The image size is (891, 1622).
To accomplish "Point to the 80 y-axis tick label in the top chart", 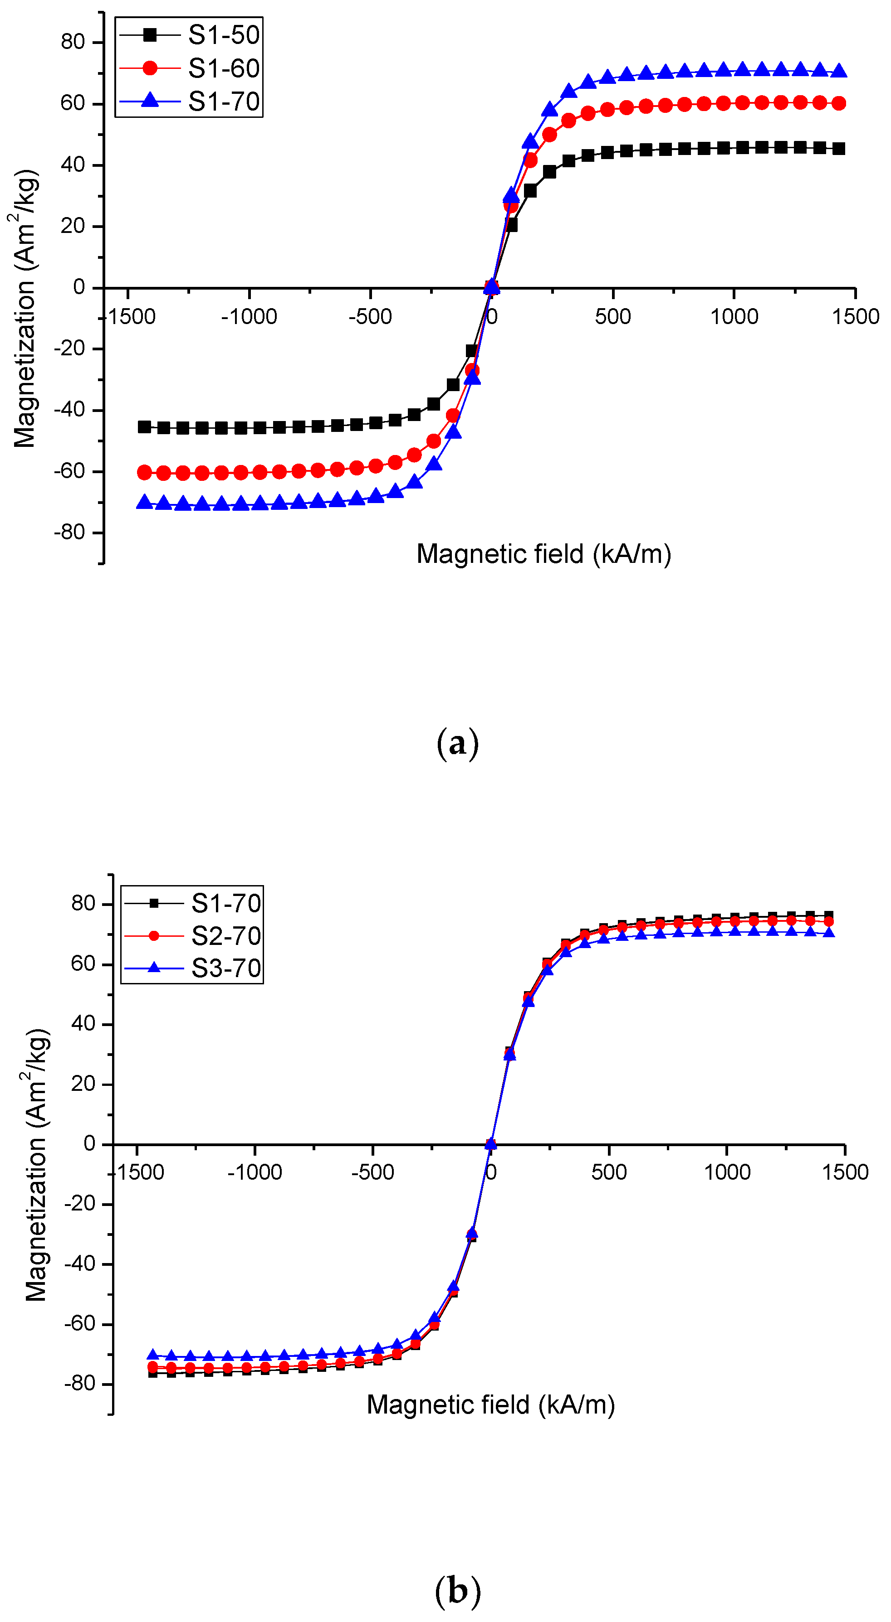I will pyautogui.click(x=73, y=42).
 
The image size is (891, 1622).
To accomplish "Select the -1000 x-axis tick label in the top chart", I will pyautogui.click(x=249, y=317).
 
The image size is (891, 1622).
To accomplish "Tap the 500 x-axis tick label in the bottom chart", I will pyautogui.click(x=609, y=1172).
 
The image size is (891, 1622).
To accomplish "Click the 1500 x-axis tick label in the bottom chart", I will pyautogui.click(x=844, y=1172).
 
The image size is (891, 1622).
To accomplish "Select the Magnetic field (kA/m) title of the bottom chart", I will pyautogui.click(x=490, y=1405).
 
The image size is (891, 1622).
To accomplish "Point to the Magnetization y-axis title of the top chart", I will pyautogui.click(x=25, y=309).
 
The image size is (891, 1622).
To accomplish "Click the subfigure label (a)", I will pyautogui.click(x=457, y=744).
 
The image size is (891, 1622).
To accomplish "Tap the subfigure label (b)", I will pyautogui.click(x=457, y=1592).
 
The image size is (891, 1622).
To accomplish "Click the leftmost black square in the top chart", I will pyautogui.click(x=144, y=427).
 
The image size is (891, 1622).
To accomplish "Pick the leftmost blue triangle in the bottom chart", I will pyautogui.click(x=152, y=1355).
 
